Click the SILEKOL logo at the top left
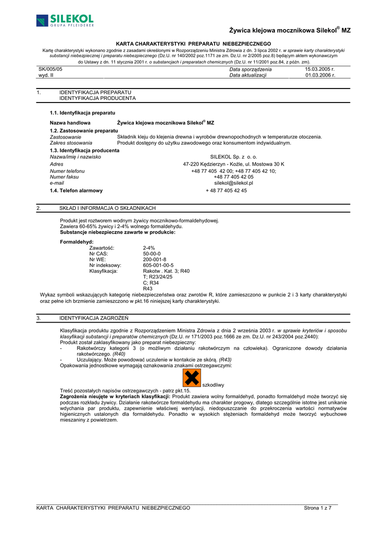[x=65, y=21]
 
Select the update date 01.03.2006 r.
[x=320, y=75]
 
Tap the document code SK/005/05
[x=51, y=69]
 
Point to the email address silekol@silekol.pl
[x=233, y=183]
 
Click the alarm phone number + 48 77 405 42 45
[x=226, y=191]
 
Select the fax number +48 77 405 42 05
[x=233, y=177]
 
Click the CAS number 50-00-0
[x=152, y=253]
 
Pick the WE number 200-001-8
[x=155, y=259]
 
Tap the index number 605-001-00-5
[x=158, y=265]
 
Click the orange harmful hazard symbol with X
[x=192, y=378]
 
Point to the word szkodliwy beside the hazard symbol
[x=213, y=385]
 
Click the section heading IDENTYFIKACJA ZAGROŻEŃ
[x=94, y=318]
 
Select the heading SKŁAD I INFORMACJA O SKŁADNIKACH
[x=107, y=208]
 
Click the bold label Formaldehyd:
[x=77, y=242]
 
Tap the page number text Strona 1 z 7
[x=318, y=507]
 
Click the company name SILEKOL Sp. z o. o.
[x=233, y=157]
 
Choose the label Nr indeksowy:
[x=105, y=265]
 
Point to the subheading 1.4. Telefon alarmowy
[x=76, y=191]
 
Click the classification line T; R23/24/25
[x=157, y=277]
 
